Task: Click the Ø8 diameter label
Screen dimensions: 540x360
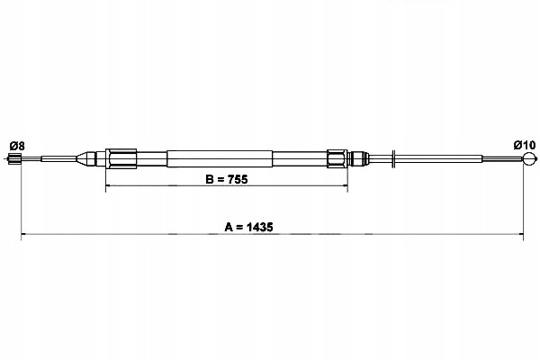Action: tap(17, 146)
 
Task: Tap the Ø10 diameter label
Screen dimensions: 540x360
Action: tap(525, 145)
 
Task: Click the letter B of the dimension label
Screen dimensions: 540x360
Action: tap(209, 179)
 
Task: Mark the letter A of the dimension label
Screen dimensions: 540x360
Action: tap(229, 227)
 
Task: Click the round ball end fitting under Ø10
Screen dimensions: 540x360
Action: tap(529, 158)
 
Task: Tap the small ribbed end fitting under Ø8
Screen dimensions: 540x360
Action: tap(14, 158)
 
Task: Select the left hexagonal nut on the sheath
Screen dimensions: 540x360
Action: tap(121, 158)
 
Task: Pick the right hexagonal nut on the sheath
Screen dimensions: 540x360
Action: tap(337, 158)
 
